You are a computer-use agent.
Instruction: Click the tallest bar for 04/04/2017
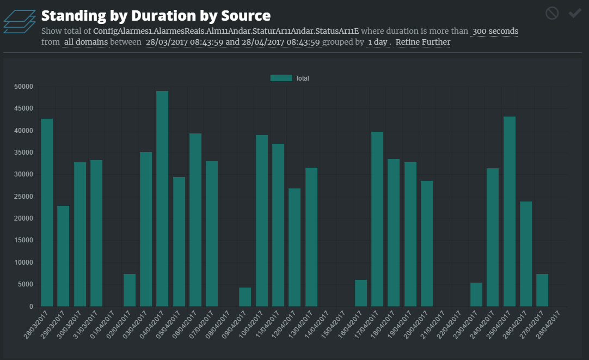[x=162, y=199]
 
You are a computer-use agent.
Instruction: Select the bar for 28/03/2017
[x=47, y=212]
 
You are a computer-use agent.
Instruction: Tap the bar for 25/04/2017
[x=509, y=211]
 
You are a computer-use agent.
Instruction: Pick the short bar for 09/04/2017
[x=245, y=297]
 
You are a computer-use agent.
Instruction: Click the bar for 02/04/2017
[x=130, y=290]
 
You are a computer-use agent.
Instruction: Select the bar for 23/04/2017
[x=476, y=295]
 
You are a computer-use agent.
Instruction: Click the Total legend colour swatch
[x=281, y=78]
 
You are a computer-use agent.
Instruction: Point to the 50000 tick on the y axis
[x=23, y=87]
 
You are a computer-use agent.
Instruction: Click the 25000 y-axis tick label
[x=23, y=197]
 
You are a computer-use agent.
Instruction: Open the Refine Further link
[x=422, y=42]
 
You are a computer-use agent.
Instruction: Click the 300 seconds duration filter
[x=495, y=31]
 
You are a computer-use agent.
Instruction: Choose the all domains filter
[x=86, y=42]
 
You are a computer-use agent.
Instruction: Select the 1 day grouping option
[x=377, y=42]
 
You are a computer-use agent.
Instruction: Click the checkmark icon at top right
[x=575, y=13]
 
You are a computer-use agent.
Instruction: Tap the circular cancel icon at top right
[x=552, y=13]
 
